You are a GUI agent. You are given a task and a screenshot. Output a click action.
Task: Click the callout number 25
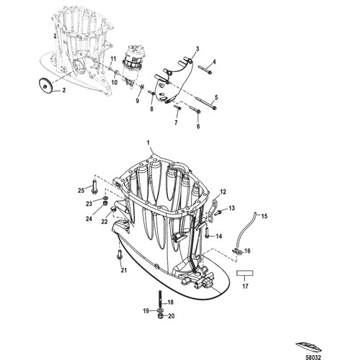pos(81,191)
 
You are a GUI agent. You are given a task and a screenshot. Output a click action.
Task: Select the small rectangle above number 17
pos(245,273)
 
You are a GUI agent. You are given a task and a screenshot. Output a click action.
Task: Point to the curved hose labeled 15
pos(244,230)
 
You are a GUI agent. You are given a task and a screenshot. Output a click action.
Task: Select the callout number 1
pos(148,143)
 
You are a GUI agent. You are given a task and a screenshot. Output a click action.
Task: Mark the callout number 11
pos(113,59)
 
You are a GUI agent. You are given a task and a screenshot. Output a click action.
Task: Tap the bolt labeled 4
pos(205,70)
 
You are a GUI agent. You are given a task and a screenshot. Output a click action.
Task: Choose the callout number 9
pos(138,101)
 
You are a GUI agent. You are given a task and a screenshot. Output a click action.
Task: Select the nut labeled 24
pos(104,204)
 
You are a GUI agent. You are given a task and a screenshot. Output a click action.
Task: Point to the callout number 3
pos(197,49)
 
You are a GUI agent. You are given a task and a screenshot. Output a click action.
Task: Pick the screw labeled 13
pos(218,212)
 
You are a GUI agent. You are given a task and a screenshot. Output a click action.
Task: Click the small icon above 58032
pos(308,347)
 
